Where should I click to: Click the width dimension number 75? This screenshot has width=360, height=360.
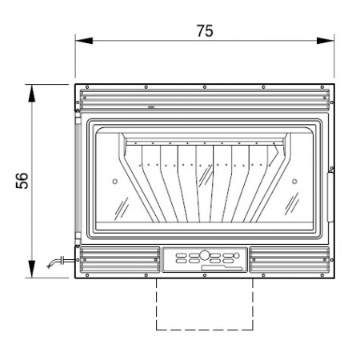[x=205, y=31]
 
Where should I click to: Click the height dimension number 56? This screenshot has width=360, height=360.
[x=22, y=181]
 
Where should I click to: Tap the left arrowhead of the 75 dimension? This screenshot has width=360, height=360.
[x=84, y=41]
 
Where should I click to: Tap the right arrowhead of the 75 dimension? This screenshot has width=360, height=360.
[x=326, y=41]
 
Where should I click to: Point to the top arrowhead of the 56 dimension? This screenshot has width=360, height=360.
[x=32, y=93]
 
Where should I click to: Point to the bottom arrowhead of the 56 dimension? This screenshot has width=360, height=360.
[x=32, y=269]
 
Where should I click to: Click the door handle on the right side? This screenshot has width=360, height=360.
[x=330, y=197]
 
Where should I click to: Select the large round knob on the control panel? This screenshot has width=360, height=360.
[x=205, y=255]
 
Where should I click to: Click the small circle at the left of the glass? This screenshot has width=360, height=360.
[x=115, y=182]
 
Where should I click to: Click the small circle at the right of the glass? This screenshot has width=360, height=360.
[x=294, y=182]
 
